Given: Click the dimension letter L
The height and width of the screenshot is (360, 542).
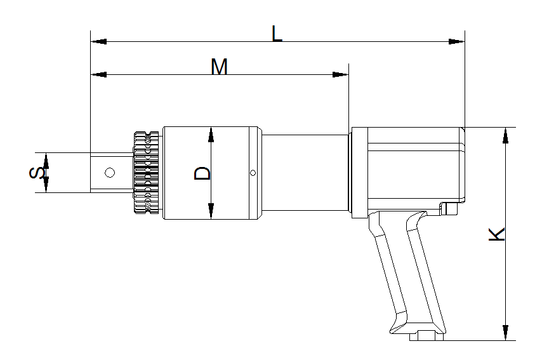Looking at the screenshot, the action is click(x=277, y=34).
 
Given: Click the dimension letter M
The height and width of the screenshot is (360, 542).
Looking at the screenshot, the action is click(x=219, y=67).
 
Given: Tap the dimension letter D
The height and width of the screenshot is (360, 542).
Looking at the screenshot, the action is click(x=202, y=173).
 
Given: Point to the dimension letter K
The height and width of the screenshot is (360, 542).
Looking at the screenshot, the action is click(x=497, y=234).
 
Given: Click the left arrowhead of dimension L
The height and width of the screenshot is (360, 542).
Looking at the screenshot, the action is click(x=98, y=42).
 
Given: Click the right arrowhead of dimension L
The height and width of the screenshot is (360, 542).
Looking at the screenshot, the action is click(x=456, y=42).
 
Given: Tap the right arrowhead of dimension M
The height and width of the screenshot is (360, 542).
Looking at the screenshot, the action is click(x=340, y=75).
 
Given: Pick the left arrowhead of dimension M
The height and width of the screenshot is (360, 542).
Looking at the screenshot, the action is click(x=98, y=75).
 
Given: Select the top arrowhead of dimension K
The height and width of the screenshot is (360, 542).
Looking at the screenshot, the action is click(x=505, y=135).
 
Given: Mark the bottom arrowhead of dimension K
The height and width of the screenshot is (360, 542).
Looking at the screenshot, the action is click(x=505, y=332).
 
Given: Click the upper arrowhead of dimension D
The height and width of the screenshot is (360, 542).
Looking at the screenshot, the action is click(x=211, y=135).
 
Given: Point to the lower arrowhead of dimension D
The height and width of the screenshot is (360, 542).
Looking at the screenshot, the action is click(x=211, y=211).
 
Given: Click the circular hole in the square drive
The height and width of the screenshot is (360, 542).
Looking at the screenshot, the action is click(x=110, y=173).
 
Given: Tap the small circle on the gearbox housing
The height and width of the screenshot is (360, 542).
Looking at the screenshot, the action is click(x=253, y=173).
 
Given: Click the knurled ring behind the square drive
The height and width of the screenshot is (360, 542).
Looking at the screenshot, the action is click(x=146, y=173).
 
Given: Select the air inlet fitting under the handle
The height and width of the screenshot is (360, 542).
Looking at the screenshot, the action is click(x=426, y=336).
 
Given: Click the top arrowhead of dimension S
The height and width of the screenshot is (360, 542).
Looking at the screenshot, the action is click(x=46, y=161).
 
